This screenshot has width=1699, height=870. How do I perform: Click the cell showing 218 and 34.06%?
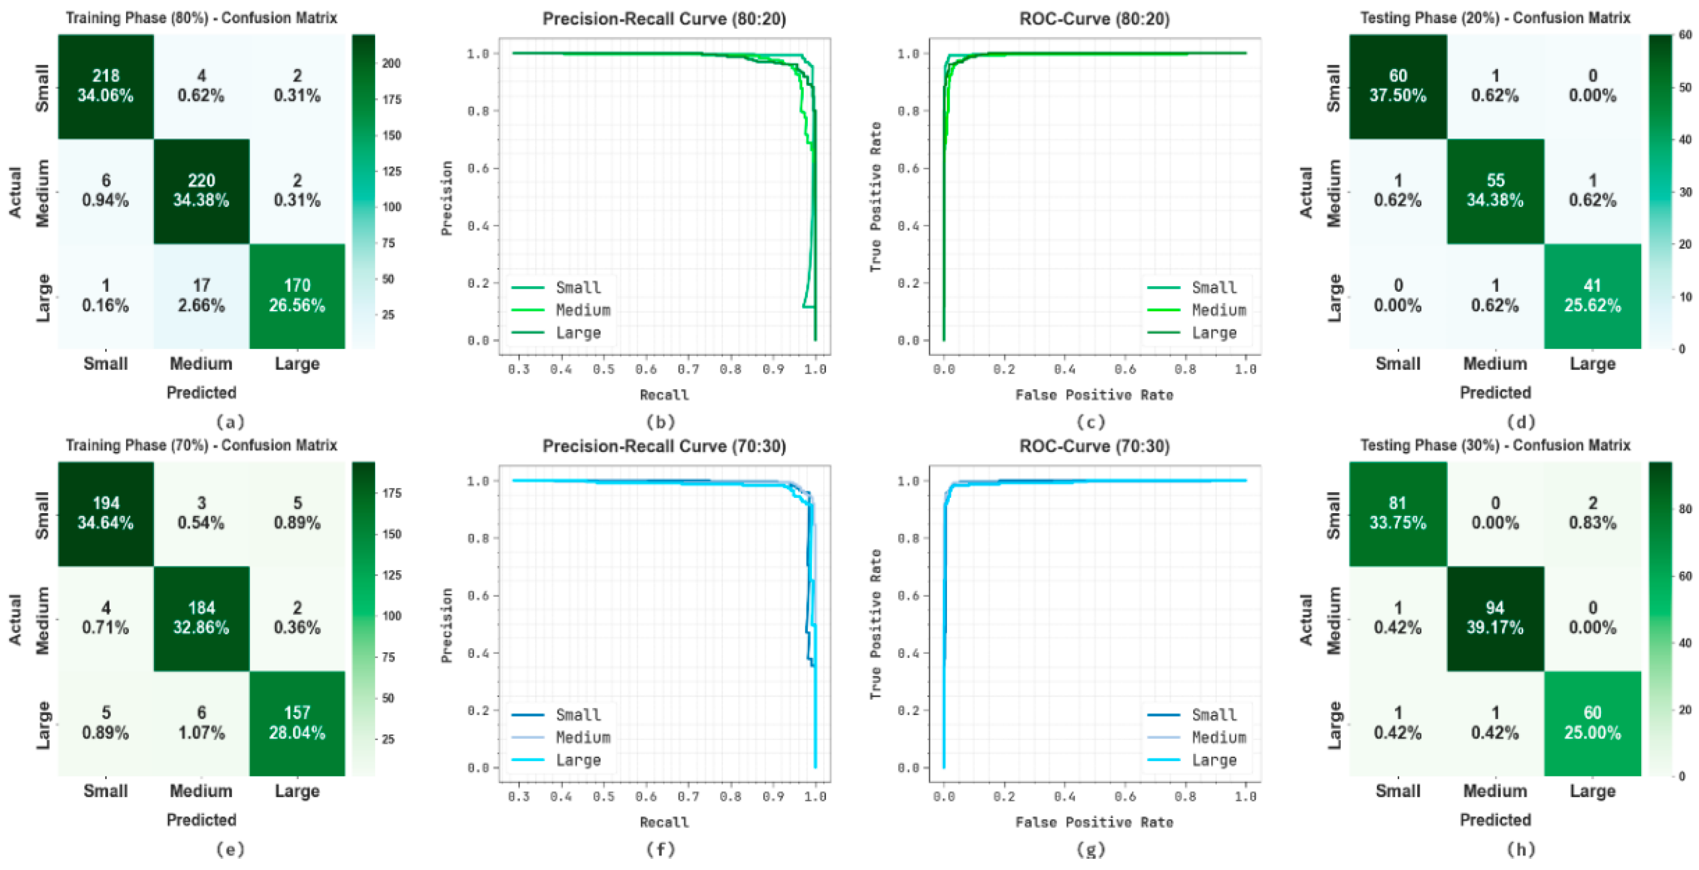coord(105,86)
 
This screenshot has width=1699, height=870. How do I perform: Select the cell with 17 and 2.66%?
coord(201,295)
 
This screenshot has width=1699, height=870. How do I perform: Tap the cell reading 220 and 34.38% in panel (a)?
coord(201,191)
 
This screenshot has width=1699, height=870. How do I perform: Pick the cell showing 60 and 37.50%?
coord(1397,86)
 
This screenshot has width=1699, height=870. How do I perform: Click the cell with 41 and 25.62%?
coord(1592,295)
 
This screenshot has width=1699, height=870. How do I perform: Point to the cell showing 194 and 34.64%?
coord(105,513)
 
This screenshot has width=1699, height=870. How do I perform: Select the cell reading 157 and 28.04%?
coord(297,723)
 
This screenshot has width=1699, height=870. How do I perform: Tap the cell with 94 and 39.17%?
coord(1494,618)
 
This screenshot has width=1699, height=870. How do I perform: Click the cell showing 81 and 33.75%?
coord(1397,513)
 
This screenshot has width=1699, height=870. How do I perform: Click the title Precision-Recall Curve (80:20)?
coord(664,18)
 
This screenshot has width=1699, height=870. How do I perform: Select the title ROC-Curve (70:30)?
coord(1094,447)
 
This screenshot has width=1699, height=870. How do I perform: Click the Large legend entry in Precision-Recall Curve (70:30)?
coord(578,760)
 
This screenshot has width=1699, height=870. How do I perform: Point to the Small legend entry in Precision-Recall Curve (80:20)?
coord(578,288)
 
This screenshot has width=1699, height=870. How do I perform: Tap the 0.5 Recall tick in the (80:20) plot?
coord(603,370)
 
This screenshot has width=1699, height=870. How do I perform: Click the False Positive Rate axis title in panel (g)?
coord(1094,822)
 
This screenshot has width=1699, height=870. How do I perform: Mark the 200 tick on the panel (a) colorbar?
coord(391,63)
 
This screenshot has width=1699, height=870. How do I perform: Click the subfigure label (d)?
coord(1521,422)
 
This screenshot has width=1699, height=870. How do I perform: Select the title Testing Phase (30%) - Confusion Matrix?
coord(1494,446)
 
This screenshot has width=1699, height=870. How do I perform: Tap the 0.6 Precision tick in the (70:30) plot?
coord(478,596)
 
